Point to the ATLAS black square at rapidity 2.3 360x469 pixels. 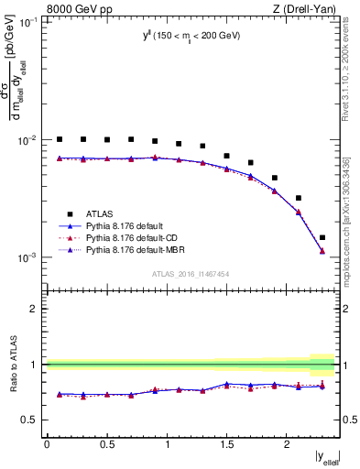[322, 237]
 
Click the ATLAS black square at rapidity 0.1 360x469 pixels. [60, 139]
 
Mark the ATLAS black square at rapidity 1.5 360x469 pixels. [226, 156]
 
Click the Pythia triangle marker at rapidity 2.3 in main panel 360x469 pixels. [322, 251]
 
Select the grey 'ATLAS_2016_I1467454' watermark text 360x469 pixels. [191, 274]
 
